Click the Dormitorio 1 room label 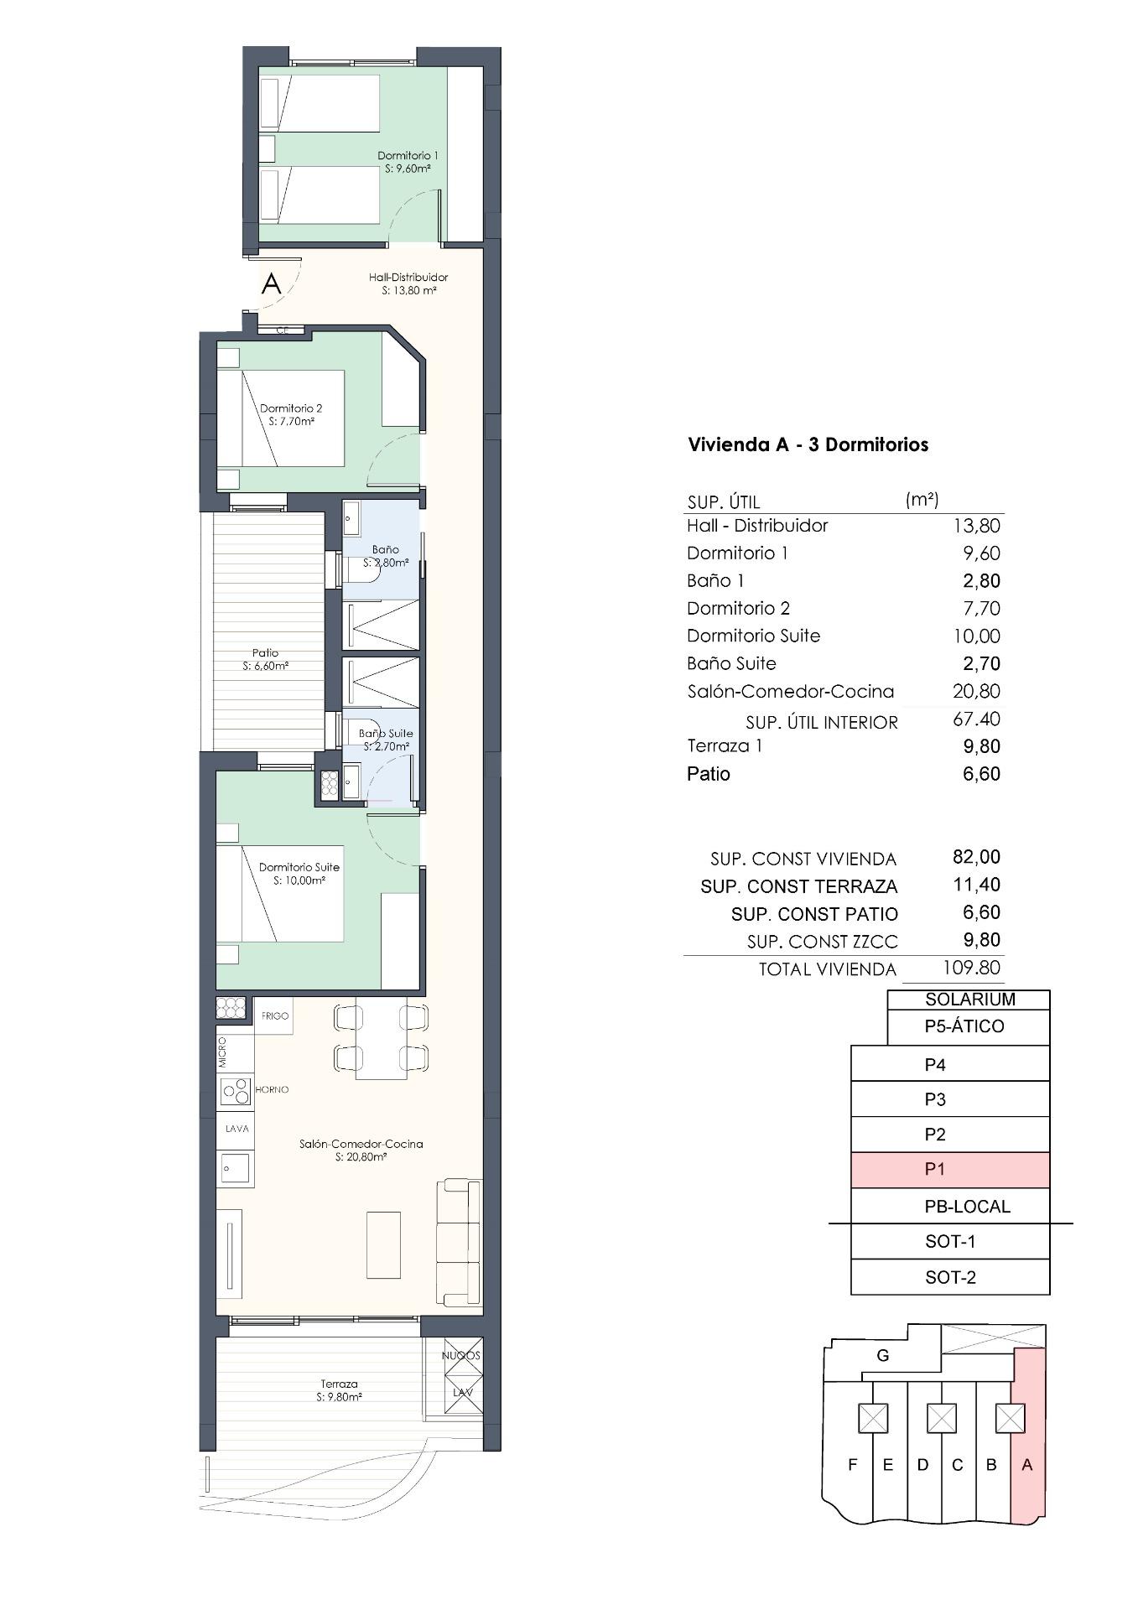tap(408, 162)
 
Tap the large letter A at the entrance tap(271, 283)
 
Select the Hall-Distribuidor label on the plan tap(408, 283)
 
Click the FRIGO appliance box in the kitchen tap(274, 1015)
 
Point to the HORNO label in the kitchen tap(272, 1089)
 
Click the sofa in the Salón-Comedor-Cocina tap(459, 1242)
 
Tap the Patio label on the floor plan tap(265, 659)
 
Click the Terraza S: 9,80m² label tap(339, 1390)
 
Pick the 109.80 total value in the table tap(971, 967)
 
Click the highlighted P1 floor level tap(950, 1169)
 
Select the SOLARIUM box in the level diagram tap(969, 1000)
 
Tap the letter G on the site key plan tap(882, 1356)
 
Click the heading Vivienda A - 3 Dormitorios tap(808, 444)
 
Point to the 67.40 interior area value tap(976, 719)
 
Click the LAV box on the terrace tap(463, 1392)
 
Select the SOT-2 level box tap(950, 1278)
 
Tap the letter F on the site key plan tap(853, 1465)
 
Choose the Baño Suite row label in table tap(731, 663)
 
